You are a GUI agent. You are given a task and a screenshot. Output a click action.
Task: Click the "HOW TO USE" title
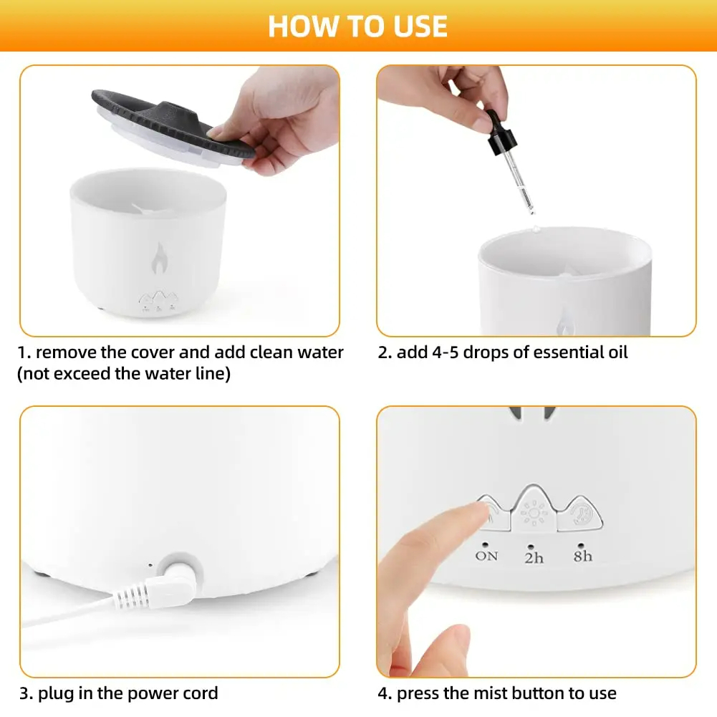357,26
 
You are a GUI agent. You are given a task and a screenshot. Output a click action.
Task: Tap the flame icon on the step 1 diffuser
159,258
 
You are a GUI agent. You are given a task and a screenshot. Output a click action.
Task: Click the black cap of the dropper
500,133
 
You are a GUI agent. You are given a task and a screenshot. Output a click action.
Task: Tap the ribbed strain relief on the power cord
130,596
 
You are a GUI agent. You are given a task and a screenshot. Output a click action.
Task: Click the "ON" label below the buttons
486,556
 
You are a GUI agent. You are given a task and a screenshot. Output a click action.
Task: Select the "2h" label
534,558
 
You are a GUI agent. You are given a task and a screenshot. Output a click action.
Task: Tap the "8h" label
582,556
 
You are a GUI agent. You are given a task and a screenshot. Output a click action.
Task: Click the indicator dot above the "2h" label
531,547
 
